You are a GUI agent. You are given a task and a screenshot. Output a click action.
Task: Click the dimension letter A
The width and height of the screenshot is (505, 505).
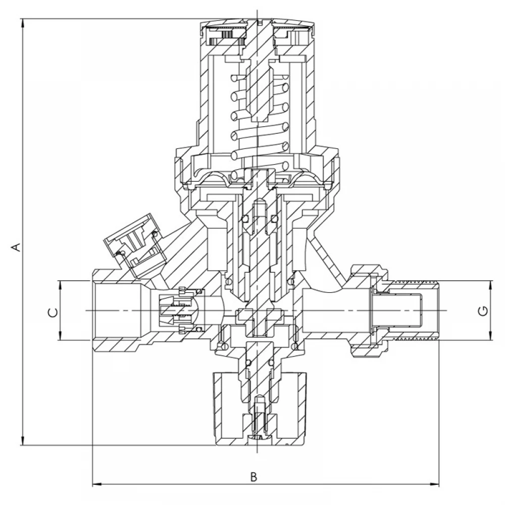point(17,246)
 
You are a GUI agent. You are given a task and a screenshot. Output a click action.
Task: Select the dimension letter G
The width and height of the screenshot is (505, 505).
point(484,311)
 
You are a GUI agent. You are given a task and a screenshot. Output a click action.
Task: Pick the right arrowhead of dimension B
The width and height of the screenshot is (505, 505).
point(434,484)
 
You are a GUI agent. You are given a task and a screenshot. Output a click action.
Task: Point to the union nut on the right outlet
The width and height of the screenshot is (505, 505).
point(370,311)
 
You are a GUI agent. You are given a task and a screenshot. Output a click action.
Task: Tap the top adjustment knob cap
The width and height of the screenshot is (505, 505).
point(258,35)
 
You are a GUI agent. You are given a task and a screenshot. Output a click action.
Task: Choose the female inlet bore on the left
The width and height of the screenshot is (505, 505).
point(119,311)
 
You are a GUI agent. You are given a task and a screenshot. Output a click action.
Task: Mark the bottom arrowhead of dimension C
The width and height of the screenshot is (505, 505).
point(60,336)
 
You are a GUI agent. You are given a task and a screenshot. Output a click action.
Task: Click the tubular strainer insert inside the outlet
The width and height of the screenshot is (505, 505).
point(396,311)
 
